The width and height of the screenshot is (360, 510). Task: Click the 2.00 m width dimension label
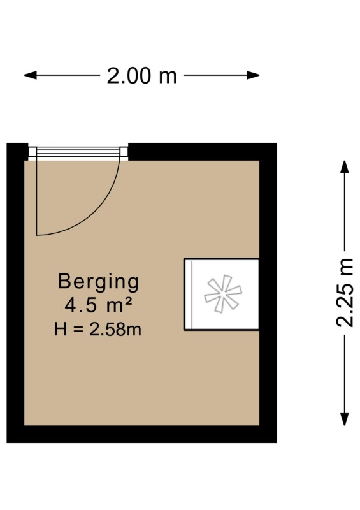[142, 76]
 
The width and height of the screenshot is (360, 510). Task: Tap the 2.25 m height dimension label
[345, 293]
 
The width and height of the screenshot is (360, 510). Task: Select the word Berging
[99, 282]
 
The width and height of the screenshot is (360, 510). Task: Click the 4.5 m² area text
[98, 305]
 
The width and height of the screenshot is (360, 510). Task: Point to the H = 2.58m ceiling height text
[98, 329]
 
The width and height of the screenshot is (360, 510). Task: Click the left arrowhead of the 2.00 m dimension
[30, 75]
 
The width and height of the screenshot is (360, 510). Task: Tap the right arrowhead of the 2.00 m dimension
[254, 75]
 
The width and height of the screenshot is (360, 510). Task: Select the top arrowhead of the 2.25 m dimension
[345, 166]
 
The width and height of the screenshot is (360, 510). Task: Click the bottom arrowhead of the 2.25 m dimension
[345, 419]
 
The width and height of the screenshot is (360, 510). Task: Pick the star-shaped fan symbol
[223, 294]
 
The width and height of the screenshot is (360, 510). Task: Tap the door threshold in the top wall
[78, 152]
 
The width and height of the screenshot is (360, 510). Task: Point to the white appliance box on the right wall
[222, 295]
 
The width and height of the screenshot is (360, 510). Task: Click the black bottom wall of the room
[142, 434]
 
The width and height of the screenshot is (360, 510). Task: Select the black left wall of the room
[15, 293]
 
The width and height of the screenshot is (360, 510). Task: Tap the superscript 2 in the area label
[128, 302]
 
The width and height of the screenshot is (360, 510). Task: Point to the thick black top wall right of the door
[202, 152]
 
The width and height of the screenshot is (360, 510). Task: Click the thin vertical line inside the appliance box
[192, 295]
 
